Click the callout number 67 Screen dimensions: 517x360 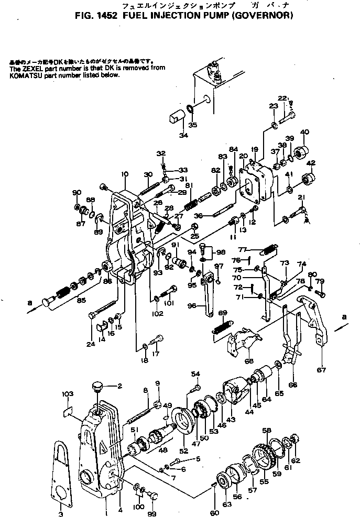click(x=321, y=370)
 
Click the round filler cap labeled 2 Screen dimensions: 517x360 click(x=96, y=388)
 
